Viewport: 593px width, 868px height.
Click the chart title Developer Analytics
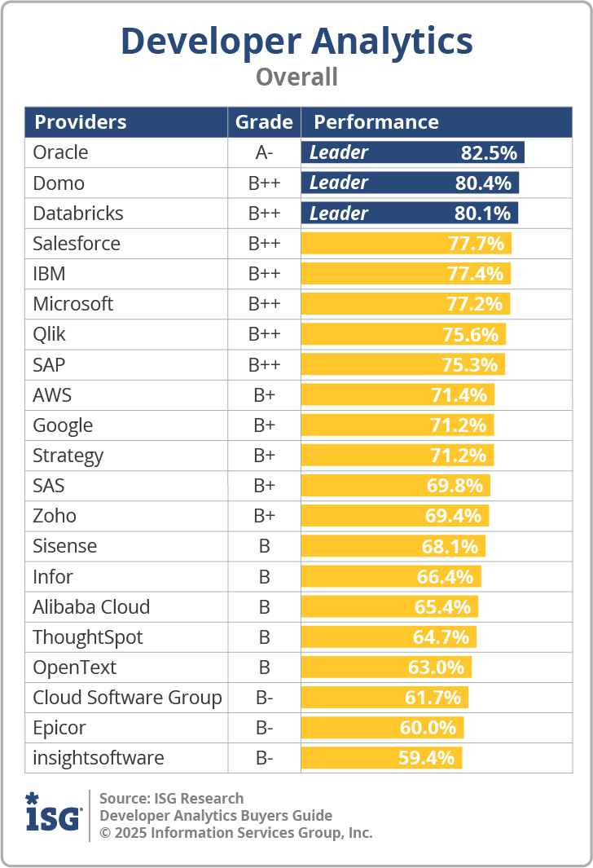(296, 41)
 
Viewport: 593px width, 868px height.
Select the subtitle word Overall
(296, 77)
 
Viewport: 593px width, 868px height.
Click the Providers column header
(80, 122)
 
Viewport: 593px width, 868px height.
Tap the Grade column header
(264, 122)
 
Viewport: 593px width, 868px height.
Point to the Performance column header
(376, 122)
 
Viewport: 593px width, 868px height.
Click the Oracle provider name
(60, 152)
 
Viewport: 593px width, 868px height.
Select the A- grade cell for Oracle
(264, 153)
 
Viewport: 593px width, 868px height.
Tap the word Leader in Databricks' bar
(339, 214)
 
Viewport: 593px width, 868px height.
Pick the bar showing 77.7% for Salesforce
(406, 244)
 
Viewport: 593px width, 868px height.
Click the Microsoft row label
(73, 304)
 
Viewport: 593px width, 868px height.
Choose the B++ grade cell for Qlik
(264, 335)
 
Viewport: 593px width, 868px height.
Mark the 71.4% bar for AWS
(398, 395)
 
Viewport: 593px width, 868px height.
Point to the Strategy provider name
(68, 456)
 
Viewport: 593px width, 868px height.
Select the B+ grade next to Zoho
(264, 516)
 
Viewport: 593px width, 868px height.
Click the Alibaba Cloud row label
(91, 607)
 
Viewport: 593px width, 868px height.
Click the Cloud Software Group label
(127, 698)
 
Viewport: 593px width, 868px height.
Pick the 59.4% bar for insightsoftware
(381, 758)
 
